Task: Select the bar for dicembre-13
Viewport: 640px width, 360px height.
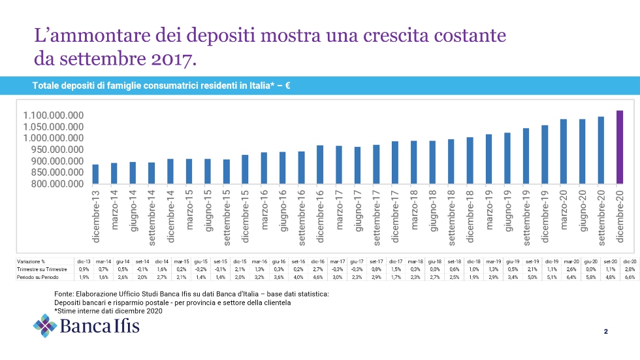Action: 95,174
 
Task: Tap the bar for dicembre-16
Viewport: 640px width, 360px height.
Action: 320,165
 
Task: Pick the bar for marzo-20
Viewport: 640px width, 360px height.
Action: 564,152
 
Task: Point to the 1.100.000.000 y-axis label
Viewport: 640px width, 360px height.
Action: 53,116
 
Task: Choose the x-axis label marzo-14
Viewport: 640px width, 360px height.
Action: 114,209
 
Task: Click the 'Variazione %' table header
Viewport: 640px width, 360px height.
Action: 32,261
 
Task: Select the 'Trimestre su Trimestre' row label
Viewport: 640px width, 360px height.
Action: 42,269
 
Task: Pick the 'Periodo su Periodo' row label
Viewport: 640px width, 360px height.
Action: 37,278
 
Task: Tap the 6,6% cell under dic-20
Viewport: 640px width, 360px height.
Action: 630,278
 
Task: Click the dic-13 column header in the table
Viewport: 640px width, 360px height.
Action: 84,261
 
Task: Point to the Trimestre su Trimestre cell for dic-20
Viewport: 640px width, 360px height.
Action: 630,269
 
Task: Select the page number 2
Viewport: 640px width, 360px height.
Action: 605,332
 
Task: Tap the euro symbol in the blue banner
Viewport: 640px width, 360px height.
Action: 287,85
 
